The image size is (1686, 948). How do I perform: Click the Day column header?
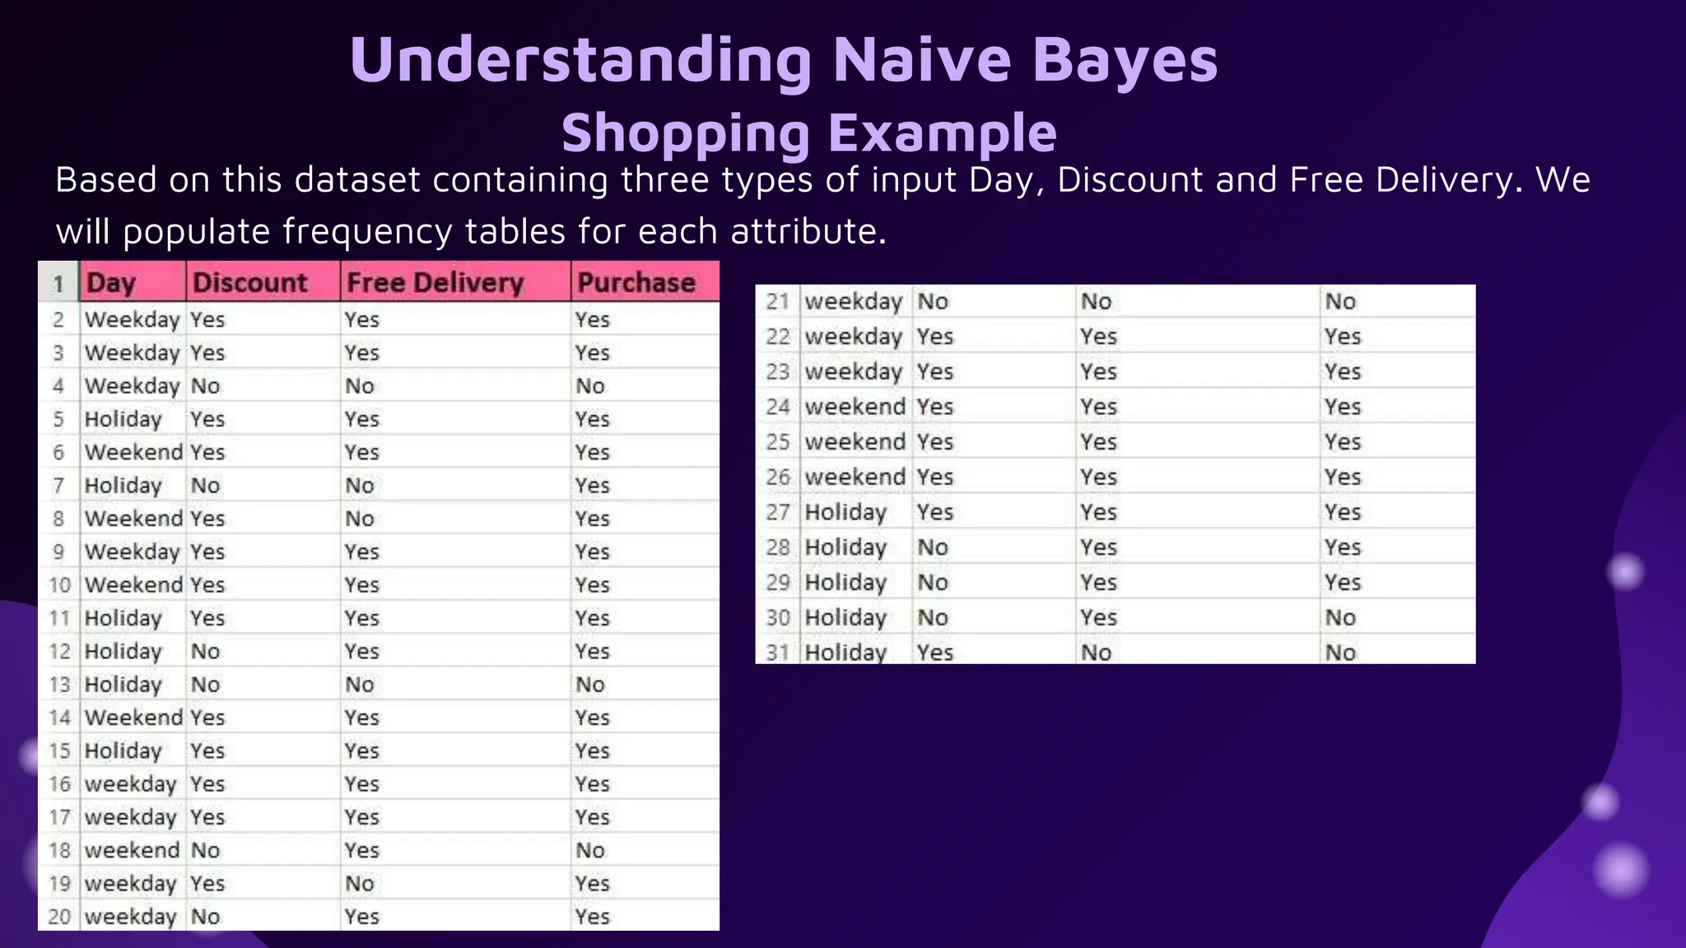pos(111,283)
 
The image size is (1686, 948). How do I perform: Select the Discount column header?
pos(249,283)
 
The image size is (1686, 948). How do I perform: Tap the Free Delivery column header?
pos(435,283)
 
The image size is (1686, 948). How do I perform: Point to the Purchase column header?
pos(636,283)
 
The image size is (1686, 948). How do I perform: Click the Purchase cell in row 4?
pos(590,386)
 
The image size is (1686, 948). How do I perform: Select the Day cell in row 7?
pos(123,486)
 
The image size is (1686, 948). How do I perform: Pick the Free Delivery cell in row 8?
pos(360,518)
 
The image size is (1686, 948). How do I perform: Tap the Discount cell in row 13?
pos(206,685)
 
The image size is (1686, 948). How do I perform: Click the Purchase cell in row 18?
pos(590,850)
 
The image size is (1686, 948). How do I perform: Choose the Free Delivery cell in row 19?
pos(360,884)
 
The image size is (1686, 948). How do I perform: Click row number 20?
pos(59,917)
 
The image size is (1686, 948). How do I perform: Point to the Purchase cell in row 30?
pos(1340,617)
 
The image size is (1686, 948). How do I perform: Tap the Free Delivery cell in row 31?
pos(1097,653)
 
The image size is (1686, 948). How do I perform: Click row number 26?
pos(777,477)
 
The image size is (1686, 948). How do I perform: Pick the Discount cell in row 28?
pos(933,547)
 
